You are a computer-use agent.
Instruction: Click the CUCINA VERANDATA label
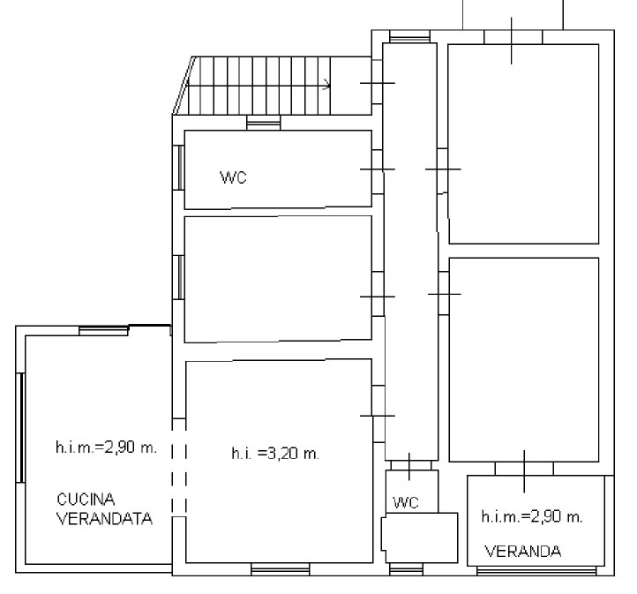104,509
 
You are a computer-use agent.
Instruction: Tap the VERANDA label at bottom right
523,552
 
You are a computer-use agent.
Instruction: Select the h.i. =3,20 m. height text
275,454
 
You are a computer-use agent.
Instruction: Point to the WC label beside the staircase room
233,177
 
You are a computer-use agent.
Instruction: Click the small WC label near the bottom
406,503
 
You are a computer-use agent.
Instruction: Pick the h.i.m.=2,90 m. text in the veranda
532,517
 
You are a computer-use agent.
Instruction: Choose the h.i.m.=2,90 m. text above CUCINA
106,447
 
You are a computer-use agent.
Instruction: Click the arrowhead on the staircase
326,86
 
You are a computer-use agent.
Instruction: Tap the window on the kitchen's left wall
20,427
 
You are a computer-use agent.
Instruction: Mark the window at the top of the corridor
409,36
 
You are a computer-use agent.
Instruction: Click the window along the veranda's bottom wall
536,571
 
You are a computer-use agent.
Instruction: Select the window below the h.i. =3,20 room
281,569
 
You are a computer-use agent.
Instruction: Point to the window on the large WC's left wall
178,168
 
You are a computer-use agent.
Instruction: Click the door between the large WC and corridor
378,169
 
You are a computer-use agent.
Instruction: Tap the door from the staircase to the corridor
378,83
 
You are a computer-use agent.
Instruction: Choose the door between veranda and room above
524,470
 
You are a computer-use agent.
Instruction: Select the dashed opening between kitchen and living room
179,467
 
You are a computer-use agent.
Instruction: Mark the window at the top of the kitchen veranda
103,330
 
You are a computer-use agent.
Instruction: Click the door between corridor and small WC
409,466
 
